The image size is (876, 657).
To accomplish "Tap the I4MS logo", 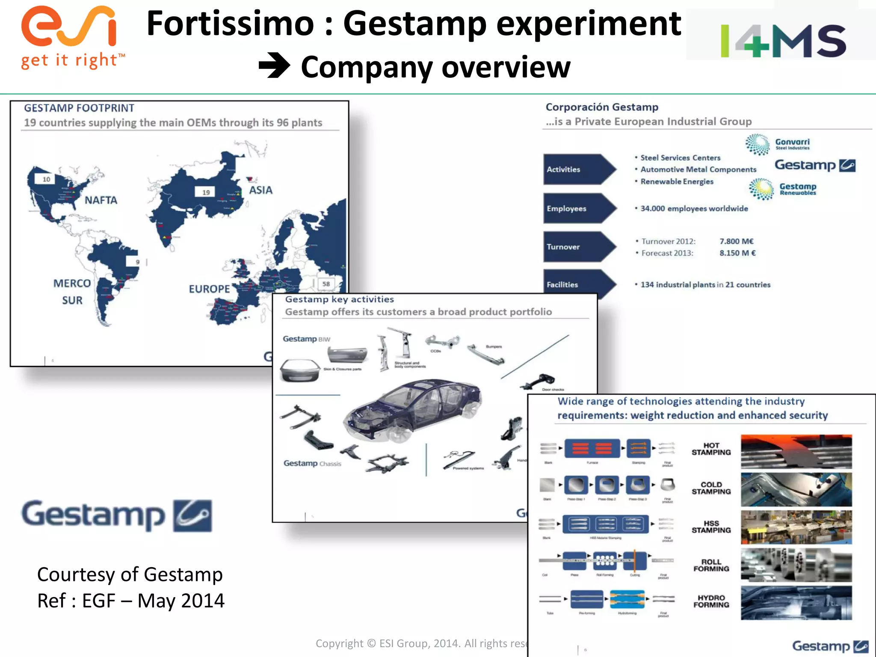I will pos(783,41).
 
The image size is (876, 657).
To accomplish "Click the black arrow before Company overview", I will pos(274,66).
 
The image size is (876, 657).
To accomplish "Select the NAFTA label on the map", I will pos(101,200).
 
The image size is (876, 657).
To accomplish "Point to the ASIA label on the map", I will pos(260,190).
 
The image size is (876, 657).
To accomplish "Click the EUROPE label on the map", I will pos(209,289).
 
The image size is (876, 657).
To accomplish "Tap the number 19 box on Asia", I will pos(206,192).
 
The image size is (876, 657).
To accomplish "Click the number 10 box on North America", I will pos(46,179).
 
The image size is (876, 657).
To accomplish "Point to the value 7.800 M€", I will pos(736,241).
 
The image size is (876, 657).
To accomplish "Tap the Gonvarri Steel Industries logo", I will pos(778,144).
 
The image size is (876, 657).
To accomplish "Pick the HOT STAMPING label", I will pos(711,449).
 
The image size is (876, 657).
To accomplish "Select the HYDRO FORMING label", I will pos(711,601).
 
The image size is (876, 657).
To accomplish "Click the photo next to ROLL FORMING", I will pos(796,565).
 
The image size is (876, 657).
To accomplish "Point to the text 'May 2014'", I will pos(181,601).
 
